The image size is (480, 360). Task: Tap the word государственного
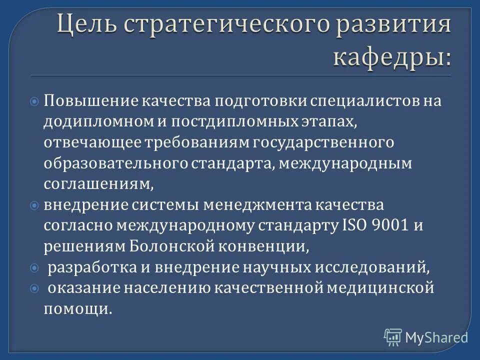[323, 142]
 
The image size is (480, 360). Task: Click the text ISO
[354, 225]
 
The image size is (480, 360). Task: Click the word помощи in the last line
[77, 308]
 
